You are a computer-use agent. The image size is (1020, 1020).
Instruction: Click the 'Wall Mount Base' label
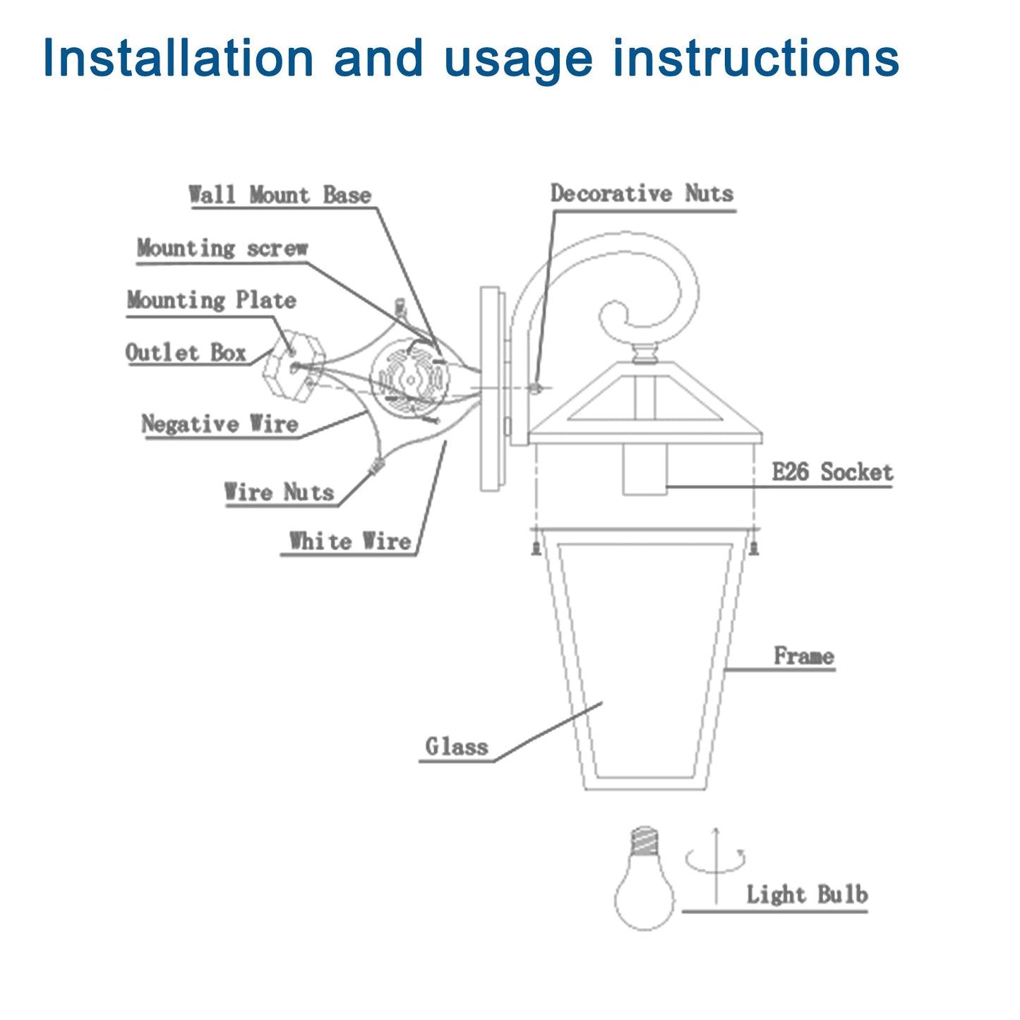point(280,195)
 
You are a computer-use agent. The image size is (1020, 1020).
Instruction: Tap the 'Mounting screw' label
point(222,248)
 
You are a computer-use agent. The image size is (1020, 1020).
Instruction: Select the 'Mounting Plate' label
point(211,300)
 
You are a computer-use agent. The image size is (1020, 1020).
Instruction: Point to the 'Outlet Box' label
point(186,352)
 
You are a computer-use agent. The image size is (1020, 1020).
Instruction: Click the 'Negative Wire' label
point(220,424)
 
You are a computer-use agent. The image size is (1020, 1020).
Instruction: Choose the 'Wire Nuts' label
point(279,492)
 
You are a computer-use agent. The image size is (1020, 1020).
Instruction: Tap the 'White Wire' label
point(349,541)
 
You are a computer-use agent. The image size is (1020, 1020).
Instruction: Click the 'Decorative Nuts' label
point(642,193)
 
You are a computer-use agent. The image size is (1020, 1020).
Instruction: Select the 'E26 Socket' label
point(832,472)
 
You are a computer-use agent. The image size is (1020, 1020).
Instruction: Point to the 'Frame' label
point(803,656)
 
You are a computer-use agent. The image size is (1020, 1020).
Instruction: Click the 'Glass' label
point(456,746)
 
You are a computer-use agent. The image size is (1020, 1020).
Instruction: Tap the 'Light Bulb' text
point(807,894)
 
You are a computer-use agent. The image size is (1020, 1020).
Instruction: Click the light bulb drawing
point(644,886)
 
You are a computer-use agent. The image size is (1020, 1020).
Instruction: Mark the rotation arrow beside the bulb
point(716,861)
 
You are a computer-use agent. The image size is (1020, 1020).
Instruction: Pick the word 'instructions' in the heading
point(755,58)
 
